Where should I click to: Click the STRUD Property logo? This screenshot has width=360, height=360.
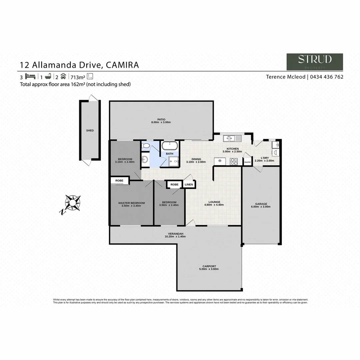[315, 62]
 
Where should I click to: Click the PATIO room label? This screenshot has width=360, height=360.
[161, 119]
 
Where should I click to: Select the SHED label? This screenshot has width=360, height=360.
[90, 131]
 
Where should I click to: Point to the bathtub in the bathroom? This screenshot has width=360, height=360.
[170, 146]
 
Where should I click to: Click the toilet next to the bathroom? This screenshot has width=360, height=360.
[145, 146]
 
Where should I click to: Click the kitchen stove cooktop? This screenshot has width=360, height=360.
[234, 161]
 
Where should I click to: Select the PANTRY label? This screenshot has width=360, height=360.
[247, 162]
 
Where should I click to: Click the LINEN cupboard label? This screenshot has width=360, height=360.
[189, 184]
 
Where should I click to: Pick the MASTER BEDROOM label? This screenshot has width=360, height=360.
[132, 203]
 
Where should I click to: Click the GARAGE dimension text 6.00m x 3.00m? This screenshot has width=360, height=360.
[261, 207]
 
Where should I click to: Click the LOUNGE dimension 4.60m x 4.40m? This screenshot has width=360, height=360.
[214, 205]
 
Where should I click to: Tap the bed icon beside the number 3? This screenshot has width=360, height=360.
[30, 76]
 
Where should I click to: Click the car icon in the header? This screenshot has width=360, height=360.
[63, 76]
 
